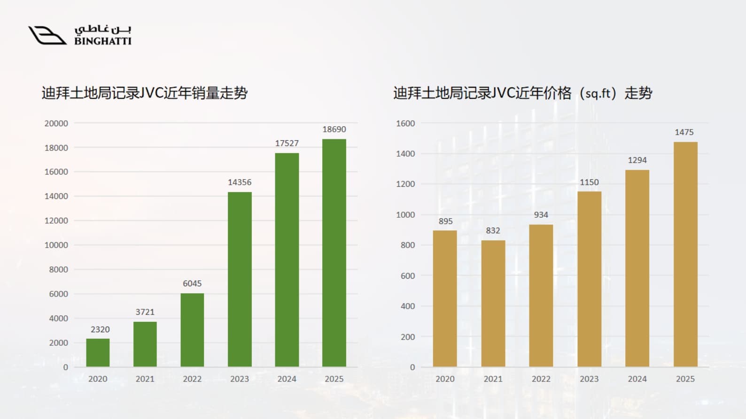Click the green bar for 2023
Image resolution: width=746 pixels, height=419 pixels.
point(240,279)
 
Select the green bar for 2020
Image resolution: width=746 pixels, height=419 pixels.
point(98,352)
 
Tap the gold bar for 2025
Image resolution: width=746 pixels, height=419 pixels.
point(685,254)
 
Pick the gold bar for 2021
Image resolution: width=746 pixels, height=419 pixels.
point(493,304)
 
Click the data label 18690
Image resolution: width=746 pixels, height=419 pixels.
point(334,129)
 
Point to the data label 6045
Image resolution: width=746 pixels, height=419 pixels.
point(192,283)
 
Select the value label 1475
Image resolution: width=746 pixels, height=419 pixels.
point(684,132)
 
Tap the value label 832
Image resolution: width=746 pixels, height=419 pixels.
point(493,230)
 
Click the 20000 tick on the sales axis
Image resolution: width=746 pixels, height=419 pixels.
point(56,123)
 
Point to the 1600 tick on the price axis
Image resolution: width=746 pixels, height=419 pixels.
point(405,123)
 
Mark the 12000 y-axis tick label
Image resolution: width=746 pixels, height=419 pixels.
point(56,221)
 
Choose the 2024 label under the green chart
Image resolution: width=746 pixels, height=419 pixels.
point(287,379)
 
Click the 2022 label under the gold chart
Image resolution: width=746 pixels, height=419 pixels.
point(541,379)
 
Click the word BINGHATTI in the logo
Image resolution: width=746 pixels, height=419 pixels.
point(103,41)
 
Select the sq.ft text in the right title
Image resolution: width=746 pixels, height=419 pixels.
point(598,93)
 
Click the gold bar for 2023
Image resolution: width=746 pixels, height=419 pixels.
point(590,279)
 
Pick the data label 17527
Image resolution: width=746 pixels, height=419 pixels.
point(287,143)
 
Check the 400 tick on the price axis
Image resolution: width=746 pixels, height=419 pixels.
point(408,306)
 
